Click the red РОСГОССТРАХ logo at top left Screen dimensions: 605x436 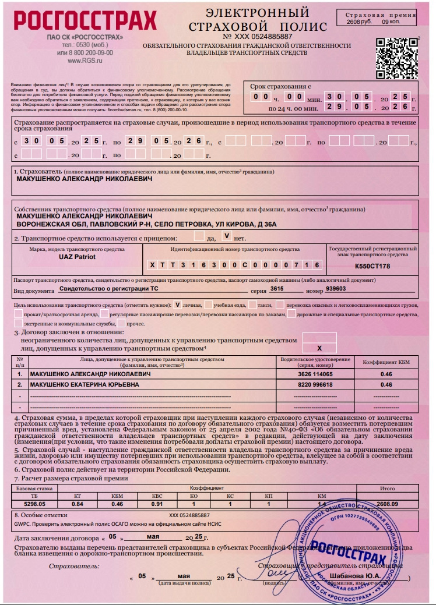click(85, 22)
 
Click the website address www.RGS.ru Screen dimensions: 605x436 click(85, 60)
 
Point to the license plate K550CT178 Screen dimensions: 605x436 click(372, 266)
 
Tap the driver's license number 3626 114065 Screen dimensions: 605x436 click(315, 374)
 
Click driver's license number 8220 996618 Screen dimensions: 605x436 click(315, 385)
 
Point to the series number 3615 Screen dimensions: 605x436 click(276, 288)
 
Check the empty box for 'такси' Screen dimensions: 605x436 click(252, 304)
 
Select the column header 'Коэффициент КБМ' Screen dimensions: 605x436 click(386, 362)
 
